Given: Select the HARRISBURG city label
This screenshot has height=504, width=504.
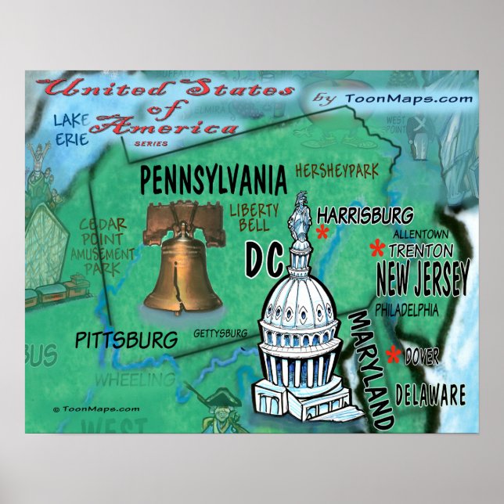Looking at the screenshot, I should coord(365,214).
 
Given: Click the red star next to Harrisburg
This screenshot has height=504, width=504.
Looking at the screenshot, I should coord(322,232).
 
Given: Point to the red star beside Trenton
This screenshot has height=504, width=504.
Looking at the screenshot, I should coord(377,250).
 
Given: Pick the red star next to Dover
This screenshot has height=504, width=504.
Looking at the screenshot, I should coord(394,356).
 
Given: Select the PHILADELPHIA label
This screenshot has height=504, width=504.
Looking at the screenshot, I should coord(407,311).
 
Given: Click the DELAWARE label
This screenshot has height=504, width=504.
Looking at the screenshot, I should coord(430,394).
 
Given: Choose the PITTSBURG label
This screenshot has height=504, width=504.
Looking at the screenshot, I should coord(126,340).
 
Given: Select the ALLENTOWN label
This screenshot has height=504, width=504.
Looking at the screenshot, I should coord(420,234).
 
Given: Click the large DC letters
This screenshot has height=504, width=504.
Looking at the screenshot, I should coord(264,259).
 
